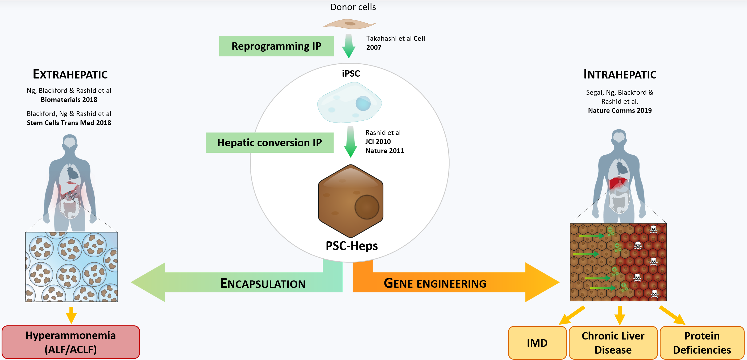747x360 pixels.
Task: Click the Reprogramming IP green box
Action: point(276,46)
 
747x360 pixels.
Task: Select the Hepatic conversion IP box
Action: point(269,143)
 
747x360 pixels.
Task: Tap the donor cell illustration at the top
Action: point(350,24)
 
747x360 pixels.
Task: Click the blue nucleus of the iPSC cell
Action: point(363,103)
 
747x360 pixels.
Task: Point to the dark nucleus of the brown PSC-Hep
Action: point(367,207)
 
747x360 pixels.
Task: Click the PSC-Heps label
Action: point(351,246)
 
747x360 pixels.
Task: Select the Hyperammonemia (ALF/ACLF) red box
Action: point(71,342)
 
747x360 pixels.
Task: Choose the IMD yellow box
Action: point(537,343)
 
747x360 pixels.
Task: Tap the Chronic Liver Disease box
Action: point(613,343)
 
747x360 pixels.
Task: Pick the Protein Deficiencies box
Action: point(702,343)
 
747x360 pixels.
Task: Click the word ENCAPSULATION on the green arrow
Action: point(263,283)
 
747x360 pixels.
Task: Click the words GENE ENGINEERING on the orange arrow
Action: point(435,283)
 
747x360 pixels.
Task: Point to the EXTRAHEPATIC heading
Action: point(70,74)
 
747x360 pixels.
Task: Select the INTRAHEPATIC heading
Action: point(620,74)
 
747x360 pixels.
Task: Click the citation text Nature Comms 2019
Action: point(620,110)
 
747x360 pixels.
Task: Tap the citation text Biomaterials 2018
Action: point(69,100)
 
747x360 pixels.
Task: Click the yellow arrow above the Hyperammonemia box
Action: point(71,315)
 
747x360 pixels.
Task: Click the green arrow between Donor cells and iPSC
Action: point(348,46)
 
